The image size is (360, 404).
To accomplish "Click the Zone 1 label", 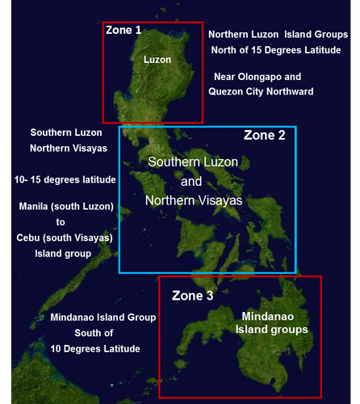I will (x=123, y=30).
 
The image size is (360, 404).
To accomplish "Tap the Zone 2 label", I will (x=265, y=135).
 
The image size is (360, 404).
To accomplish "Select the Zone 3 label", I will (x=193, y=297).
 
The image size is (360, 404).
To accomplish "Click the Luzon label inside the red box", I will (x=157, y=60).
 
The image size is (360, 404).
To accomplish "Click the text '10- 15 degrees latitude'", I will (x=65, y=179).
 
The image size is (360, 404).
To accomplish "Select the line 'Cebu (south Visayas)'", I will (x=66, y=238).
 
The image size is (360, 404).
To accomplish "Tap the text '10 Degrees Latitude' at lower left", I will (x=96, y=348).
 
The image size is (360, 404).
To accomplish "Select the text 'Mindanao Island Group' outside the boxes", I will (x=103, y=318).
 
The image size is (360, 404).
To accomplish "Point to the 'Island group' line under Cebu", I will (x=61, y=253).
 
